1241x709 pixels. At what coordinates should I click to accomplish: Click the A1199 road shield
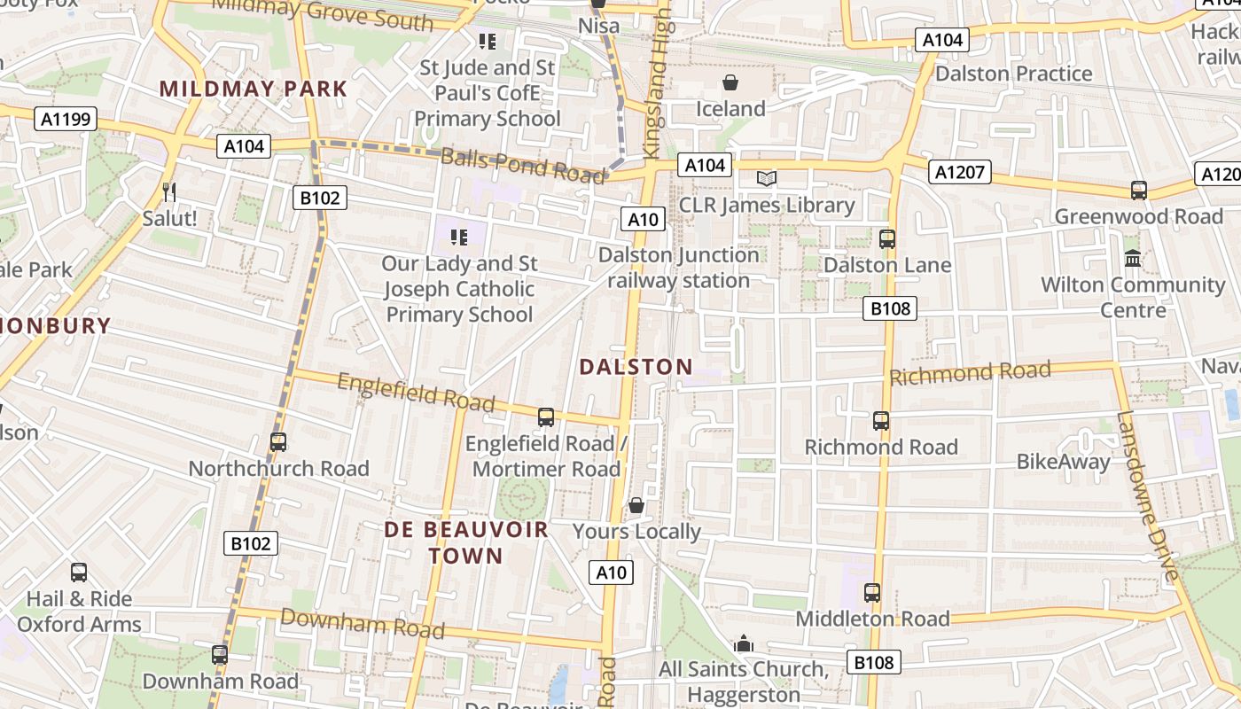tap(66, 119)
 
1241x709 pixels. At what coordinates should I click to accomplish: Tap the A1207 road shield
tap(960, 171)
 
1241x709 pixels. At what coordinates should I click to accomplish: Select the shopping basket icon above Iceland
tap(730, 83)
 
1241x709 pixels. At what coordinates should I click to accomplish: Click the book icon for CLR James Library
tap(767, 179)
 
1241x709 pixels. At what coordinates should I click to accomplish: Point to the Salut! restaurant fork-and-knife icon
tap(169, 191)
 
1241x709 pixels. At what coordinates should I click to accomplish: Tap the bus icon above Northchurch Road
tap(278, 441)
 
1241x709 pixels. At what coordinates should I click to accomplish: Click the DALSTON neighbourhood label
tap(636, 367)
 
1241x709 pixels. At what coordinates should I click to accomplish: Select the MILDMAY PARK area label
tap(254, 89)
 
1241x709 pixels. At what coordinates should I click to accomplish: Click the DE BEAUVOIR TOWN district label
tap(466, 543)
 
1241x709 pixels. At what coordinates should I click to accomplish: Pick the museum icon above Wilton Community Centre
tap(1133, 259)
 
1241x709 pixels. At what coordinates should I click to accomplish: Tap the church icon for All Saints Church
tap(744, 643)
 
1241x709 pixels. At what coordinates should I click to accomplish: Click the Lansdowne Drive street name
tap(1149, 496)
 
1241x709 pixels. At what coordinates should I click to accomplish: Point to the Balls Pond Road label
tap(523, 166)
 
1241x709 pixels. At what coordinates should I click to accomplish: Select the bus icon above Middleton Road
tap(872, 592)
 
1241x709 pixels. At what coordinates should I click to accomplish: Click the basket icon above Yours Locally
tap(636, 506)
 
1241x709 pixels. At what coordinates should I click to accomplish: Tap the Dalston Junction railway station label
tap(679, 268)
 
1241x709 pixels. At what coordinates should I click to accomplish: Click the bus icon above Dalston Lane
tap(886, 238)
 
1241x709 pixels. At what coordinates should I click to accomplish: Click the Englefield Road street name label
tap(416, 392)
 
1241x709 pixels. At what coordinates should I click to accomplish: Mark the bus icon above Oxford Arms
tap(79, 573)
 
